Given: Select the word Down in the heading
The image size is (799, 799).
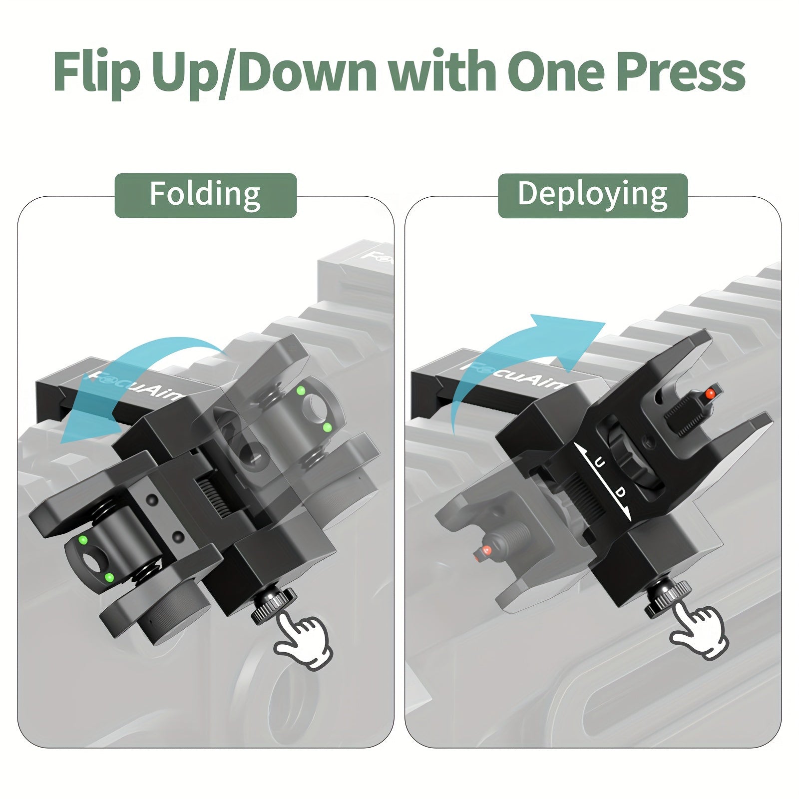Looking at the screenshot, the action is pyautogui.click(x=305, y=71).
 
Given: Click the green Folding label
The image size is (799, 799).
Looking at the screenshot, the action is pyautogui.click(x=206, y=195).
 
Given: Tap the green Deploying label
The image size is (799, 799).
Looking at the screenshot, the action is pyautogui.click(x=593, y=195).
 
